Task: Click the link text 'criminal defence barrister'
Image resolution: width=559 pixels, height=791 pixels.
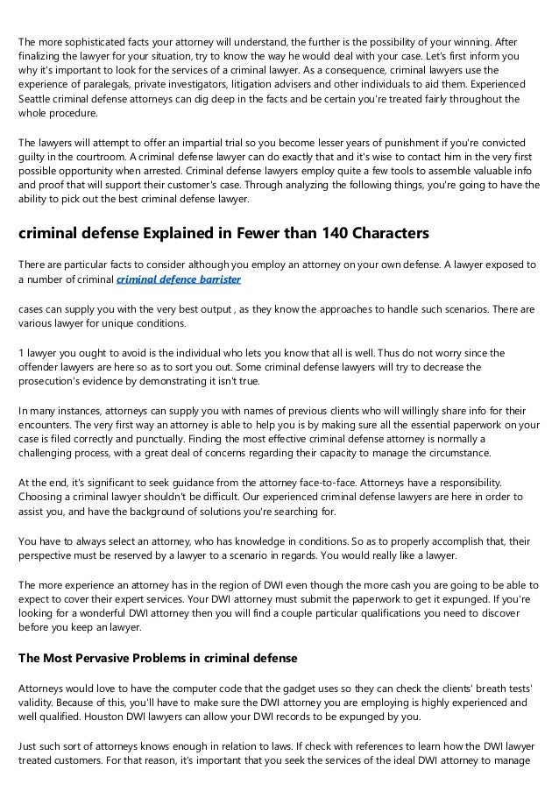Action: (x=179, y=279)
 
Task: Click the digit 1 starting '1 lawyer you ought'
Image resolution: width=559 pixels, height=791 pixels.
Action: (x=21, y=352)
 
